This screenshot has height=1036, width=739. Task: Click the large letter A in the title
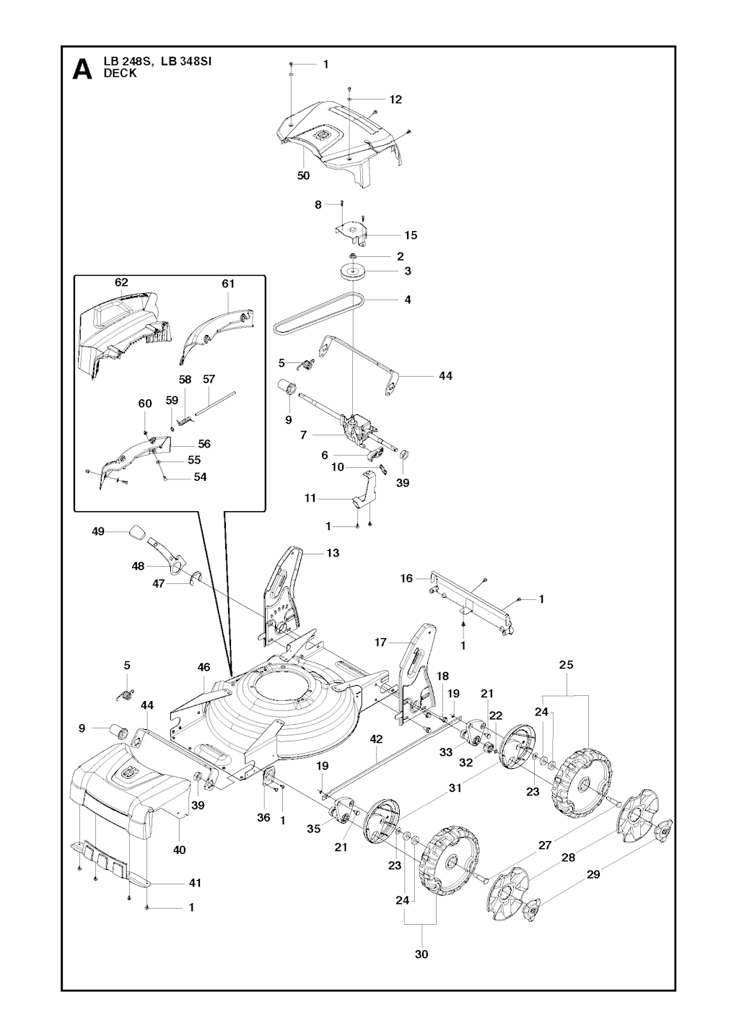click(x=83, y=70)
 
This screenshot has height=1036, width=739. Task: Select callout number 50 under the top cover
click(x=303, y=175)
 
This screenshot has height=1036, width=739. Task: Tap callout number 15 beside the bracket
click(x=411, y=235)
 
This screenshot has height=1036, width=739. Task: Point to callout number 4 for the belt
click(x=408, y=299)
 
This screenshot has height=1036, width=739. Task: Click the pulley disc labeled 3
click(x=354, y=272)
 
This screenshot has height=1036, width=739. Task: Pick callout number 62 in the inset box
click(x=121, y=282)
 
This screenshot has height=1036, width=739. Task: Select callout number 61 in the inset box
click(x=228, y=284)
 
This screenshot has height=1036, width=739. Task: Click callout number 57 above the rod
click(x=209, y=379)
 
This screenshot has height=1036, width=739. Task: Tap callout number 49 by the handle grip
click(x=98, y=531)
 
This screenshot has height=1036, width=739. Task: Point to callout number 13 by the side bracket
click(x=333, y=553)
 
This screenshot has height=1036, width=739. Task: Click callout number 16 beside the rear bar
click(x=407, y=578)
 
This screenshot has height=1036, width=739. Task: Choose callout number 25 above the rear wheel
click(x=566, y=664)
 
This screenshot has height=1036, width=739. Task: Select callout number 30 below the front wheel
click(x=421, y=954)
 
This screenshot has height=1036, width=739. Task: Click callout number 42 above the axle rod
click(x=376, y=739)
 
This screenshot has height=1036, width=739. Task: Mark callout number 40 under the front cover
click(x=179, y=850)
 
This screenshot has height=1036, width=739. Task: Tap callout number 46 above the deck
click(x=204, y=668)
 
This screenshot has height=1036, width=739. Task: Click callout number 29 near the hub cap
click(x=592, y=874)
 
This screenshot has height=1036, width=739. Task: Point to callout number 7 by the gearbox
click(x=304, y=435)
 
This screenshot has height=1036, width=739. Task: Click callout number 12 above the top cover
click(x=395, y=100)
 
